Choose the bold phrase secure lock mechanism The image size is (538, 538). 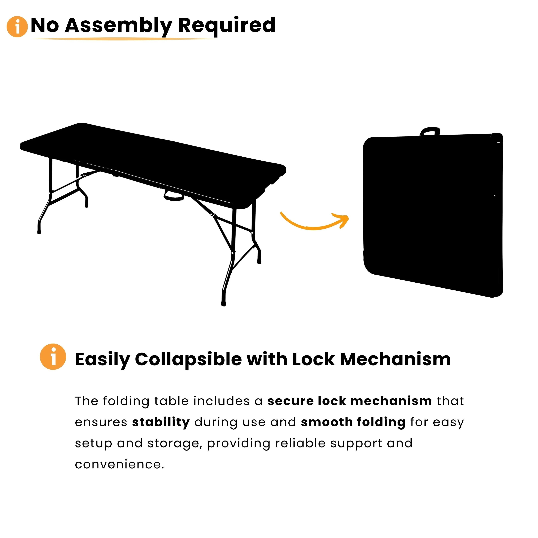(x=350, y=401)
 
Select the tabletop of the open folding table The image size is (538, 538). (x=153, y=164)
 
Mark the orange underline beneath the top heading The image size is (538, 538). (x=124, y=39)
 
